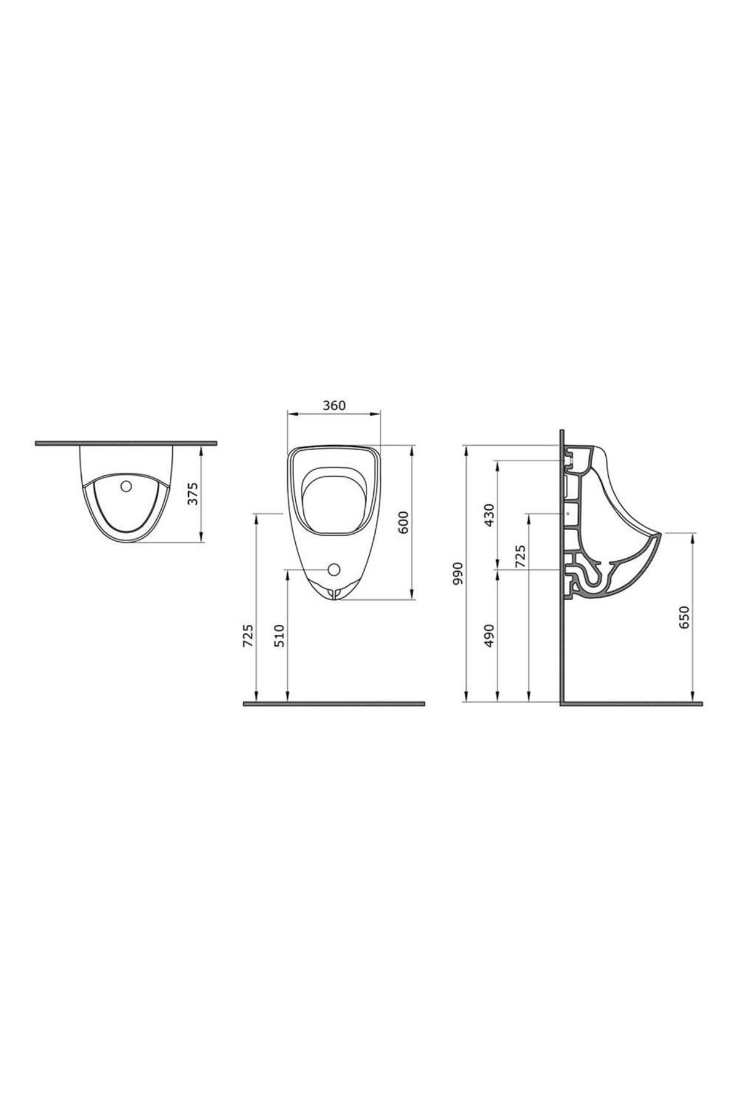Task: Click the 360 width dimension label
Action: pos(335,405)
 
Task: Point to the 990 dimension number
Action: pos(457,573)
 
